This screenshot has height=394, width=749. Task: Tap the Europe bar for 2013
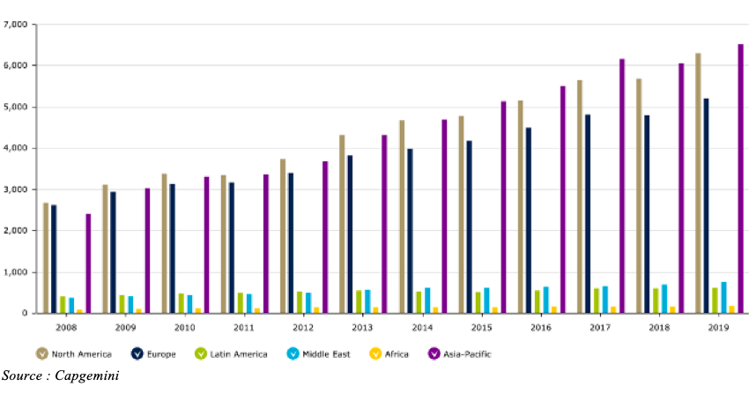tap(350, 234)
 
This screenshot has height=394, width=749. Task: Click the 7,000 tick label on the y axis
tap(15, 24)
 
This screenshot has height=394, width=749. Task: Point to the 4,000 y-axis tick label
tap(15, 148)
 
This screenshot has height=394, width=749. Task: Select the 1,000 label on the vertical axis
tap(15, 272)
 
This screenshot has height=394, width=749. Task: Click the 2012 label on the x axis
tap(303, 327)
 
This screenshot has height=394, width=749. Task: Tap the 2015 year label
tap(481, 327)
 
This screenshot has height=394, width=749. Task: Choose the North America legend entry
tap(74, 353)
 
